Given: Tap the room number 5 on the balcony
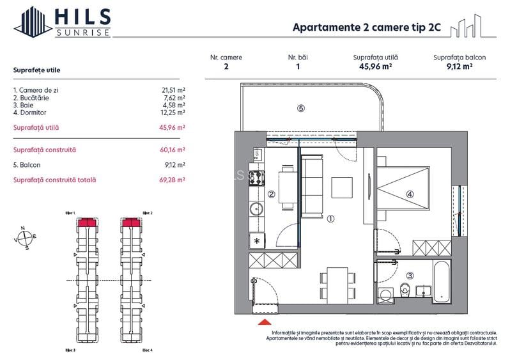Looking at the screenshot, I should [x=300, y=108].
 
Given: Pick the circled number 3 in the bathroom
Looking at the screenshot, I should [x=410, y=276].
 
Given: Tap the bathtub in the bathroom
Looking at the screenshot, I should [x=441, y=279].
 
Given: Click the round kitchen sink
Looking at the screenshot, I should [x=256, y=208].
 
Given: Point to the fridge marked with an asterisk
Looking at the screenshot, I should [x=256, y=240].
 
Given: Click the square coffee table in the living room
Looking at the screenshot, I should [x=342, y=187].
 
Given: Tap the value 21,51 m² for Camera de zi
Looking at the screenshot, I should [x=173, y=91].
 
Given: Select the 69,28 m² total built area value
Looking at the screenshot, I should [x=173, y=180].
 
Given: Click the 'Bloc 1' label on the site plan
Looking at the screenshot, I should [x=70, y=213].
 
